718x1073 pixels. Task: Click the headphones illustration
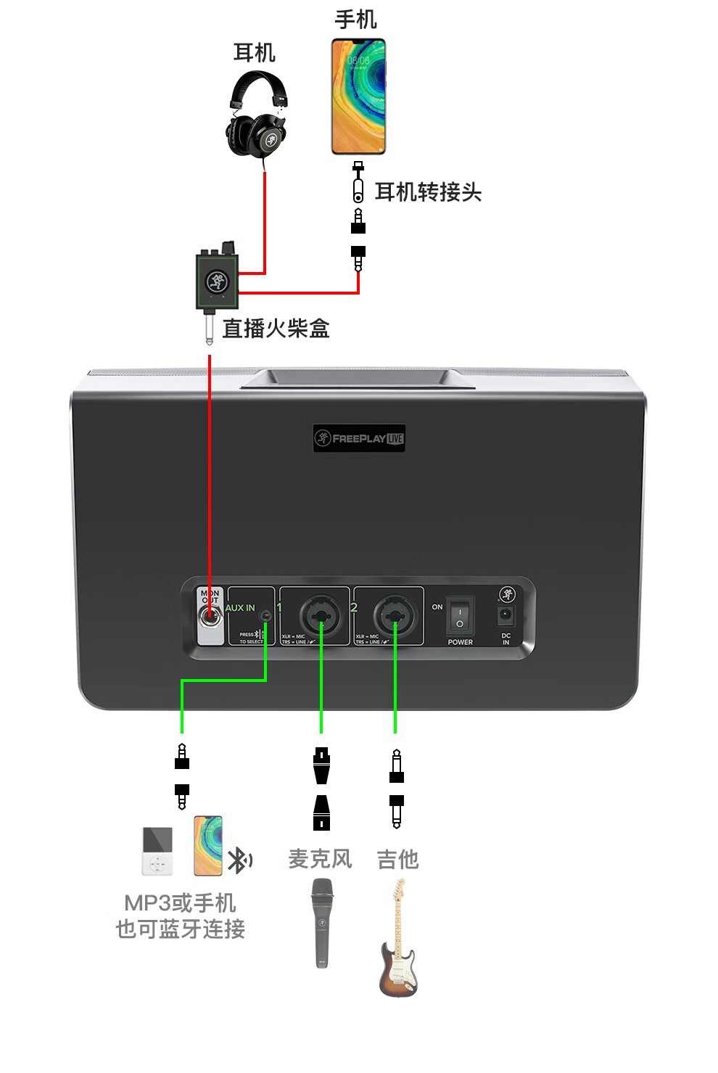tap(258, 116)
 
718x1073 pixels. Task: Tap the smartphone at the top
tap(358, 96)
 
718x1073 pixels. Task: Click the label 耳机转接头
tap(428, 192)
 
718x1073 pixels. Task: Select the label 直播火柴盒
tap(276, 329)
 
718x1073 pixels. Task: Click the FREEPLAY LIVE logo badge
tap(359, 438)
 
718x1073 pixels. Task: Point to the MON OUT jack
tap(211, 618)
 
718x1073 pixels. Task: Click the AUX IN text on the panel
tap(240, 608)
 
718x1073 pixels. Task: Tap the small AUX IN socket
tap(266, 615)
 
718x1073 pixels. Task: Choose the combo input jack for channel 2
tap(395, 616)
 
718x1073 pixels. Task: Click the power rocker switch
tap(460, 617)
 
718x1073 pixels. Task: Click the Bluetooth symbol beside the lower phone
tap(239, 860)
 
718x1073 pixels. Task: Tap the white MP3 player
tap(157, 851)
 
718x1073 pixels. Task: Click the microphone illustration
tap(322, 922)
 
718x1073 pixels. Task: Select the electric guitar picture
tap(398, 940)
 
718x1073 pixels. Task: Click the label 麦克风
tap(320, 859)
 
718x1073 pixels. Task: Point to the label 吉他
tap(397, 860)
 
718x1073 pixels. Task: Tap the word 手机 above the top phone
tap(356, 20)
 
